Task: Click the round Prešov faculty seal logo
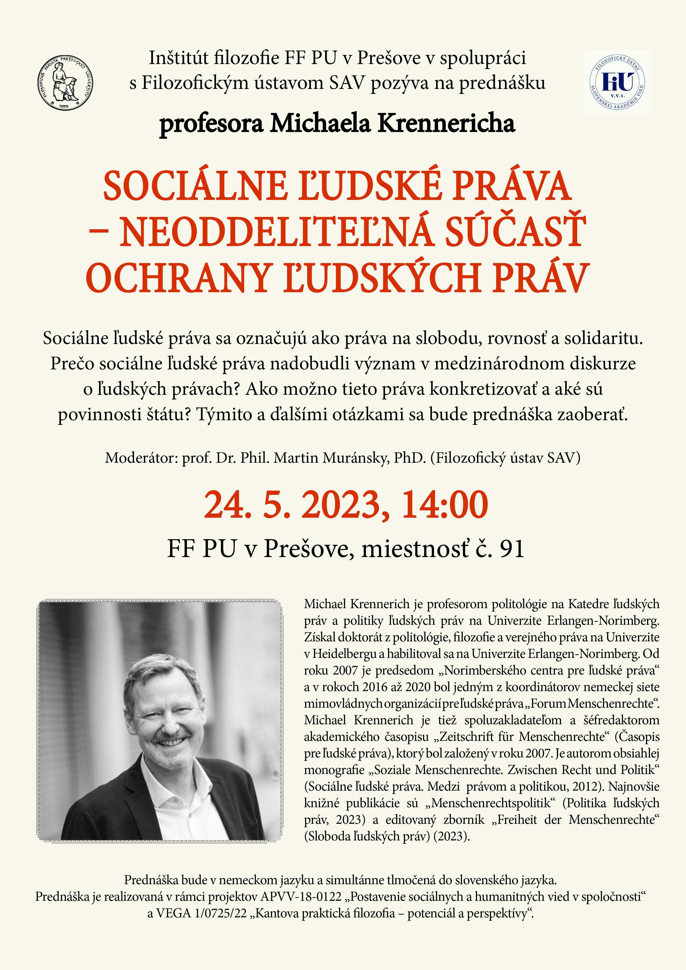click(65, 83)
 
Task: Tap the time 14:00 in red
click(445, 505)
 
